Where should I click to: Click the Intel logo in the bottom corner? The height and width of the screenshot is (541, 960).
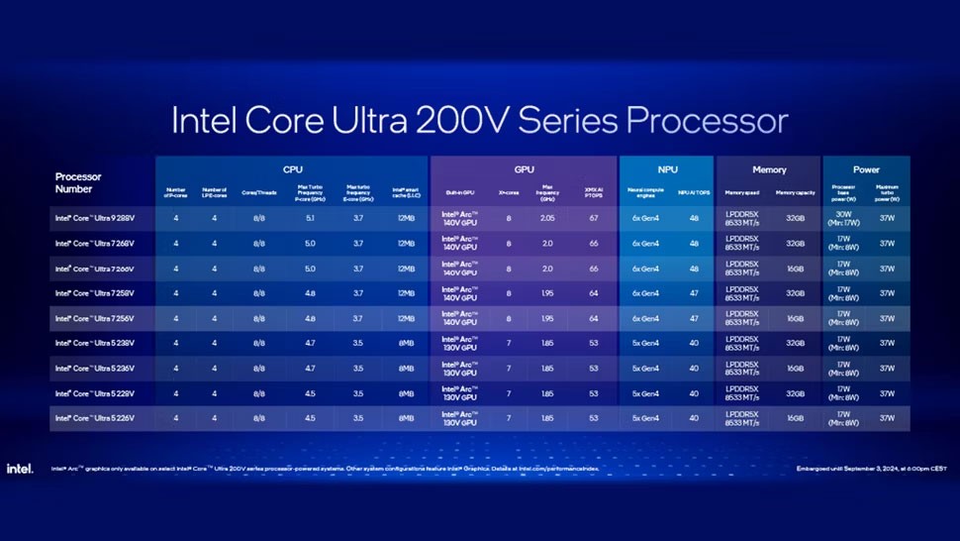(x=20, y=468)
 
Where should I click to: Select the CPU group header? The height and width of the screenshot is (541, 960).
(x=293, y=170)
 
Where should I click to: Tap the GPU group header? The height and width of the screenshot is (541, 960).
(x=524, y=170)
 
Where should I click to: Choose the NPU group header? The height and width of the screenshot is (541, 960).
(x=666, y=170)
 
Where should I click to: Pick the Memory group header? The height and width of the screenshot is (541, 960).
(x=769, y=170)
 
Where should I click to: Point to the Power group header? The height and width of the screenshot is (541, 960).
(x=866, y=170)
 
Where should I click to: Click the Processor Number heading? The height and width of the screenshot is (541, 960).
(x=78, y=181)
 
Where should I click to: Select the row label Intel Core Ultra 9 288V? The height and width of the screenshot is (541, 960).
(x=94, y=216)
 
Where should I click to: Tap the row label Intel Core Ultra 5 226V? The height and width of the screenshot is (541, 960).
(x=94, y=419)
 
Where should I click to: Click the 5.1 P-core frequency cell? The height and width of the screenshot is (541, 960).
(x=310, y=216)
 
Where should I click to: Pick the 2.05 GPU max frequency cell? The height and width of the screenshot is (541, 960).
(x=546, y=216)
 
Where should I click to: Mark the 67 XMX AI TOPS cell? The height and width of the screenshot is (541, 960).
(x=594, y=216)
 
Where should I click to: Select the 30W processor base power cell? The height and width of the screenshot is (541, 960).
(x=844, y=216)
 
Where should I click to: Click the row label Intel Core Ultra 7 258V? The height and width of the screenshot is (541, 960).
(x=94, y=292)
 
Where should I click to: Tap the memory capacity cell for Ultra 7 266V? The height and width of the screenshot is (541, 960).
(x=795, y=268)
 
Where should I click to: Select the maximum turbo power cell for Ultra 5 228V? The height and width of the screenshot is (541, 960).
(x=887, y=393)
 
